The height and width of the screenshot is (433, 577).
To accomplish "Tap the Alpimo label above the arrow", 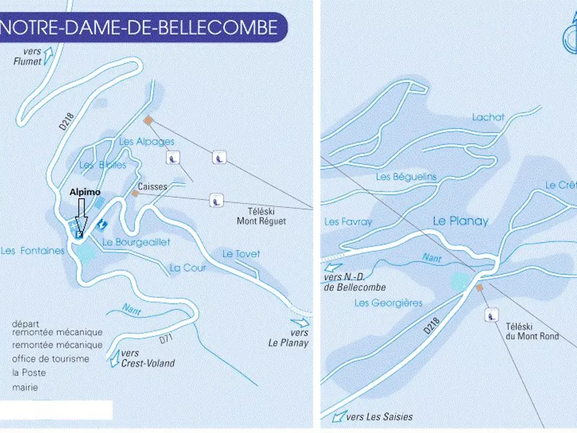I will pos(85,192).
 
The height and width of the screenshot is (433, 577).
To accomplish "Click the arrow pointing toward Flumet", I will pos(48,55).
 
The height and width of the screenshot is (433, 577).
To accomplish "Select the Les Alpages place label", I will pos(147,141).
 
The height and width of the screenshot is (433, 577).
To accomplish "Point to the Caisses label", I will pos(152,186).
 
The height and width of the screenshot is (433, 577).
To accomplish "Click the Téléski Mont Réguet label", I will pos(261,216).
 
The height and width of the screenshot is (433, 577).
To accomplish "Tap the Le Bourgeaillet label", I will pos(136,242).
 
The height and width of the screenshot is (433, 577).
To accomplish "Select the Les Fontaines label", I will pos(33,251).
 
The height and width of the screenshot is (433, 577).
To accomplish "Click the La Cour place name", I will pos(188,268).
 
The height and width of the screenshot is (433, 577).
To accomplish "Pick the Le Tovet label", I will pos(241,253).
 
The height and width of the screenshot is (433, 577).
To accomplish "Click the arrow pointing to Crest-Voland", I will pos(114,358).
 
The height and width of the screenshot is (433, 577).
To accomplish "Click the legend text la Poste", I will pos(29,372).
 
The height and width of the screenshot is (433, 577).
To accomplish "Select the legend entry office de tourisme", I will pos(51,359).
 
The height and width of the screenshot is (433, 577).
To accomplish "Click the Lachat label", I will pos(488,117).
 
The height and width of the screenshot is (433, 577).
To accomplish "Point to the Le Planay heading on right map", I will pos(460,221).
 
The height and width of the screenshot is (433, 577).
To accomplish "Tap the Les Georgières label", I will pos(388,303).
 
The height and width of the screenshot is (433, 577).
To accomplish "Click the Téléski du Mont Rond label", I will pos(532,331).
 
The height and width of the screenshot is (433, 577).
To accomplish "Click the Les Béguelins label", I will pos(406,177).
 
